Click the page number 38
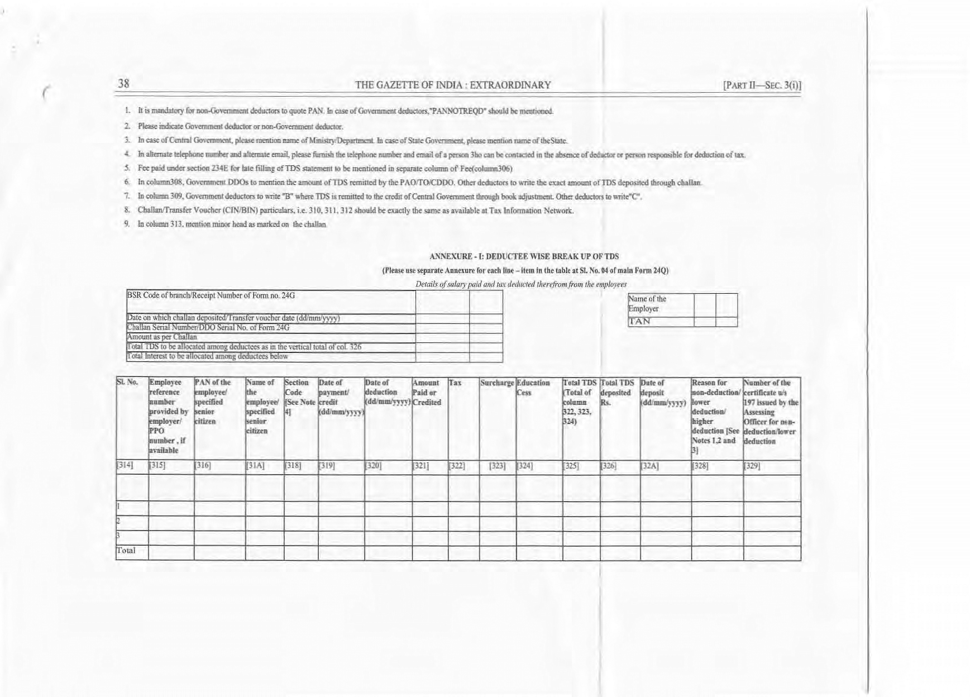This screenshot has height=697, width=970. pyautogui.click(x=123, y=84)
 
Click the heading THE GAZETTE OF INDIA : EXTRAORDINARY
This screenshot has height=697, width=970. pyautogui.click(x=453, y=85)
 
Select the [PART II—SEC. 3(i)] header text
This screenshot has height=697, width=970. pyautogui.click(x=762, y=85)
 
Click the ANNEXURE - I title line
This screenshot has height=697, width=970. pyautogui.click(x=524, y=257)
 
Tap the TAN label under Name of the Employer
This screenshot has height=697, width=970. pyautogui.click(x=640, y=322)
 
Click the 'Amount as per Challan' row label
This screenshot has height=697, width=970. pyautogui.click(x=162, y=337)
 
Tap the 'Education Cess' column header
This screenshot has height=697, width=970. pyautogui.click(x=533, y=388)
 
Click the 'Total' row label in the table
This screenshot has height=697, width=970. pyautogui.click(x=126, y=551)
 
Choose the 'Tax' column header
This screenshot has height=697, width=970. pyautogui.click(x=455, y=383)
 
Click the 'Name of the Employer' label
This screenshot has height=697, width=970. pyautogui.click(x=647, y=304)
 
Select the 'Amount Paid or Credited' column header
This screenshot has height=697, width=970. pyautogui.click(x=427, y=393)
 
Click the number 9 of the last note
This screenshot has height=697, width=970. pyautogui.click(x=127, y=224)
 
